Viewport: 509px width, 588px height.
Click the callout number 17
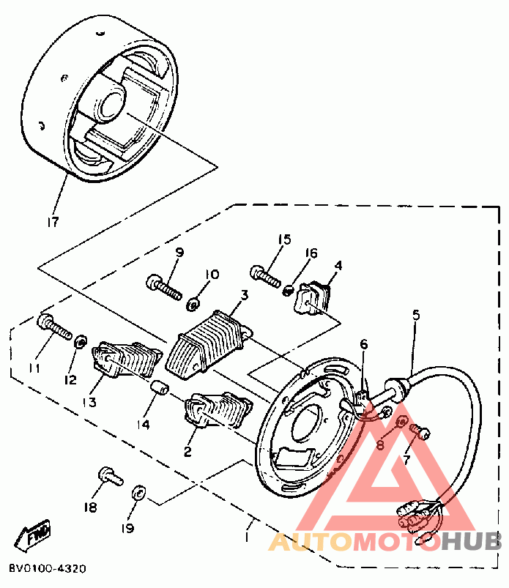point(53,220)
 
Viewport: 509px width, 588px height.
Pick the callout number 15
point(284,239)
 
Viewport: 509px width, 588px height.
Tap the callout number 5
point(416,316)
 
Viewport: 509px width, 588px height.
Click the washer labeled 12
point(81,340)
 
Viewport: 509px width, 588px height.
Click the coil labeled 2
point(218,412)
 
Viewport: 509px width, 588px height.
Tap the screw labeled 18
point(109,476)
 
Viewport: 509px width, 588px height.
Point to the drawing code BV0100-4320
point(48,568)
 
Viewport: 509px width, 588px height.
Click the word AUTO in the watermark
point(311,542)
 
